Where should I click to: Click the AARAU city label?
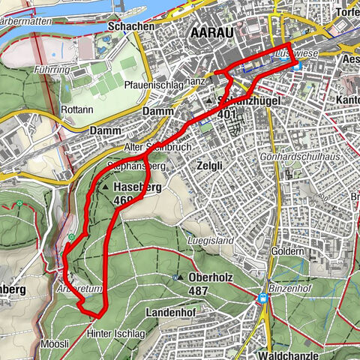click(x=213, y=32)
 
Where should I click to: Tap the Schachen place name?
click(x=132, y=26)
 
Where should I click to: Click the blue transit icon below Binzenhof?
click(x=263, y=298)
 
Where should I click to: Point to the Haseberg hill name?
click(x=139, y=187)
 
